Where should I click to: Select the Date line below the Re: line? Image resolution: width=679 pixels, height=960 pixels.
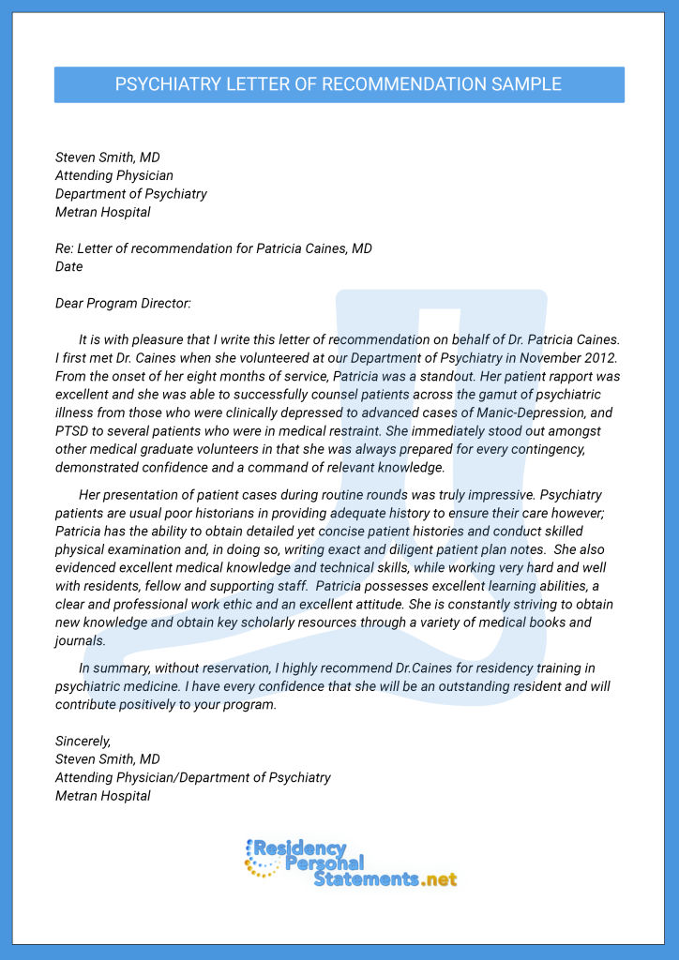click(68, 266)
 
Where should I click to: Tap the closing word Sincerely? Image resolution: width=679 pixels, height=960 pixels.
click(83, 741)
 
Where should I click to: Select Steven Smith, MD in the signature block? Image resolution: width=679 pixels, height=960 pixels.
click(107, 759)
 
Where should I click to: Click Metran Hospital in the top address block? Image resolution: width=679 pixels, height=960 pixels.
click(102, 212)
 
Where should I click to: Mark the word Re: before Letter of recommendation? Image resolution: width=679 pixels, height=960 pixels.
click(64, 248)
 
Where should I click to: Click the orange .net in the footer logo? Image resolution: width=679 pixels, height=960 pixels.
click(439, 879)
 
